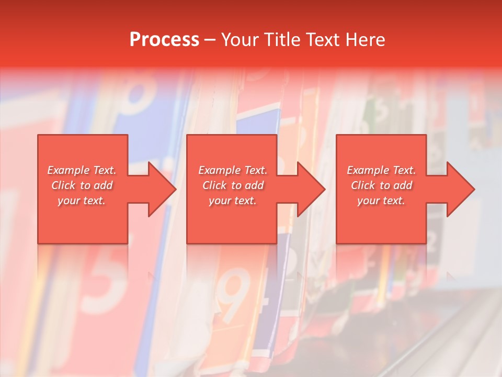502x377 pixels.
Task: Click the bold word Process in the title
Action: point(164,40)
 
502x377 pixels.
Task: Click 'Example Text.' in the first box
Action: point(82,170)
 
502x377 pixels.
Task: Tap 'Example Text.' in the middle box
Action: point(233,170)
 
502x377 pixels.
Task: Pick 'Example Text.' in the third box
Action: point(381,170)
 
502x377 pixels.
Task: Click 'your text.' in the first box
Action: point(82,201)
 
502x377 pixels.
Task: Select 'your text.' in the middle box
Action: point(233,201)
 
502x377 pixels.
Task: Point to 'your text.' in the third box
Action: point(381,201)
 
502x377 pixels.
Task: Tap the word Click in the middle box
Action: point(215,185)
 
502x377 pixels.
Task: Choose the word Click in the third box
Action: point(363,185)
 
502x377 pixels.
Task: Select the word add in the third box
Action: point(403,185)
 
